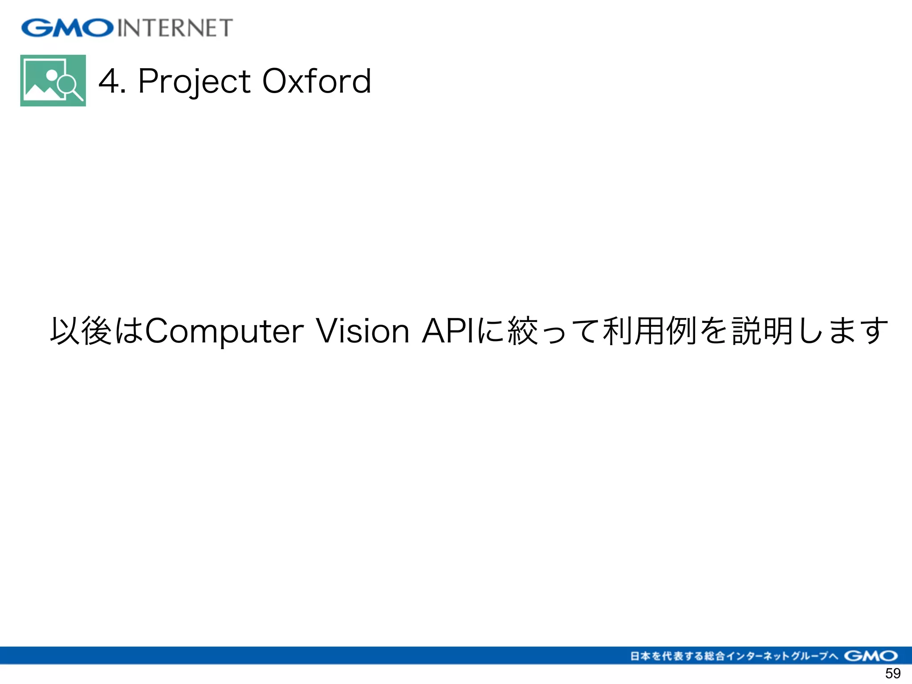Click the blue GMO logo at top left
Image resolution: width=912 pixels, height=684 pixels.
67,28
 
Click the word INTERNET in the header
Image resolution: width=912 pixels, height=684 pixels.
175,28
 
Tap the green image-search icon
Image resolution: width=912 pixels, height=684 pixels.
53,81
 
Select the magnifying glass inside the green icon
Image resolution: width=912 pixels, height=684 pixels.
69,85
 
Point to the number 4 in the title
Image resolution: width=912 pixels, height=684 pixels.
109,81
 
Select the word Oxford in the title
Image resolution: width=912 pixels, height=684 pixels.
317,81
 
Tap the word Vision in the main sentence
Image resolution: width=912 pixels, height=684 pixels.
362,331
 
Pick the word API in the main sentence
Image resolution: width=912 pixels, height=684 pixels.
448,331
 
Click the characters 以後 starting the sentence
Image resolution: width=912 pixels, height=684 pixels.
80,331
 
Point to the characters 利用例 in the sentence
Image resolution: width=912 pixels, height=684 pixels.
649,331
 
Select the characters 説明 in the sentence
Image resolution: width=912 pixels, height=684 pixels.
762,331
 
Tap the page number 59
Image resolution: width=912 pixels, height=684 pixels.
893,673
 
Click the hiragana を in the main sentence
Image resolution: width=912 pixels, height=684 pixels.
714,331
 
